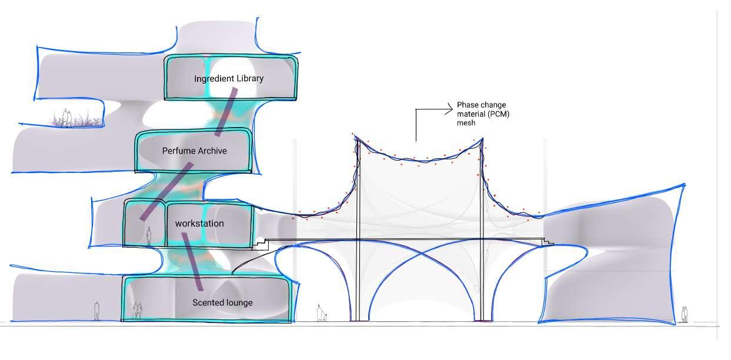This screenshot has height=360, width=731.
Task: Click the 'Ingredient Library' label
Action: click(229, 78)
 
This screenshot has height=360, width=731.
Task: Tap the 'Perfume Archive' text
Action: click(194, 151)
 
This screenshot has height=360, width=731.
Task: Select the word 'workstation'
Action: click(199, 224)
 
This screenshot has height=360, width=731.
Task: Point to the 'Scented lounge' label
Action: click(222, 302)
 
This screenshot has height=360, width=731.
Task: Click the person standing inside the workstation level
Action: click(149, 236)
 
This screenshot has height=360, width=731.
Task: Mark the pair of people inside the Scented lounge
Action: click(137, 310)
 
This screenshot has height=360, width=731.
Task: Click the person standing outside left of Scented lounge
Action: click(96, 311)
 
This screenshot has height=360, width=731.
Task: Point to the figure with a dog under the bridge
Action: click(321, 313)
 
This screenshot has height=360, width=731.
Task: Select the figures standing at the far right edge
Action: click(684, 314)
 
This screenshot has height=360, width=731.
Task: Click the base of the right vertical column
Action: click(482, 319)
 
